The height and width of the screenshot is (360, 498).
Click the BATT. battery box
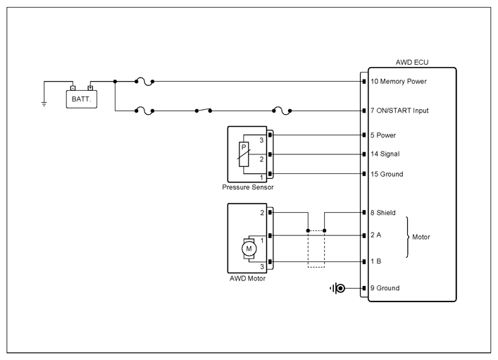coord(82,99)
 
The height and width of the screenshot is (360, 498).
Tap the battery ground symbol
coord(44,104)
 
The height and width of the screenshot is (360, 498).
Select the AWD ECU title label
coord(412,62)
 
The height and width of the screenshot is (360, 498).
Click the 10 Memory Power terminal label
coord(399,81)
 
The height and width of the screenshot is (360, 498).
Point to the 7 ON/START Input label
coord(399,111)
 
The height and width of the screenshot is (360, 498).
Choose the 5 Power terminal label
coord(383,135)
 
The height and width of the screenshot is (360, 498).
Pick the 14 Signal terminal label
coord(385,154)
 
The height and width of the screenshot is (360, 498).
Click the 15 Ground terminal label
coord(387,174)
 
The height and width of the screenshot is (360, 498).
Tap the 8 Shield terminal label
coord(382,213)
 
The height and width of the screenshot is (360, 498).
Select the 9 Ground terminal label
coord(385,288)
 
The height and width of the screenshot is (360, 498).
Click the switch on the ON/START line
coord(204,111)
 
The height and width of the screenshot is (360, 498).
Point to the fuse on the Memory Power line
coord(144,82)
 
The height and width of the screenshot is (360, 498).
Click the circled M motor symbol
coord(249,249)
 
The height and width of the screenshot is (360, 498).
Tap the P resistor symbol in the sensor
coord(244,154)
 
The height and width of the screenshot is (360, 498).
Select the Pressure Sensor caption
coord(248,187)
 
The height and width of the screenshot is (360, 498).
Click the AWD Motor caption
coord(247,279)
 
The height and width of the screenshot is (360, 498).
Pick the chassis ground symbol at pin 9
coord(337,288)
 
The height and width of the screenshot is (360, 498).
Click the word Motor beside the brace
coord(421,237)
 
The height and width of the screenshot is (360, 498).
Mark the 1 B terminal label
coord(375,261)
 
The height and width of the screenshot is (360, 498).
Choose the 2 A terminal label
coord(375,235)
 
